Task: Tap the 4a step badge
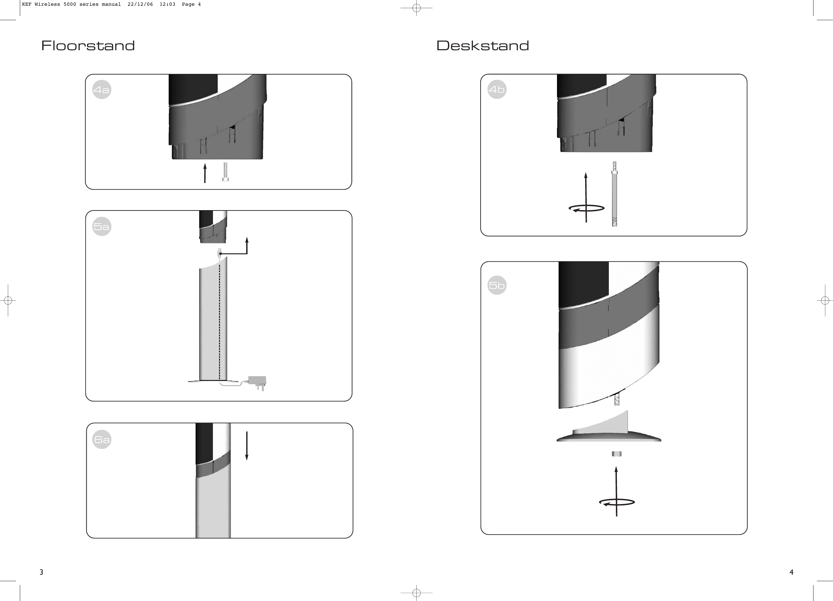click(x=102, y=90)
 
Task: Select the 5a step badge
click(x=102, y=226)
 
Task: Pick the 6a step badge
click(x=102, y=439)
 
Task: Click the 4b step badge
click(x=497, y=89)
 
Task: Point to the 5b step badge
click(x=497, y=285)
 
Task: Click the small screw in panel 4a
click(x=225, y=172)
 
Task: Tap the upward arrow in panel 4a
click(x=205, y=173)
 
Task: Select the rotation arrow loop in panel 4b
click(x=586, y=209)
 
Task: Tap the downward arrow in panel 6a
click(x=247, y=446)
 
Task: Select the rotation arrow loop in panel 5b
click(x=617, y=502)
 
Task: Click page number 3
click(x=42, y=572)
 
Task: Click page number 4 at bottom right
click(x=791, y=572)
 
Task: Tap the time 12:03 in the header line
click(x=167, y=4)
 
